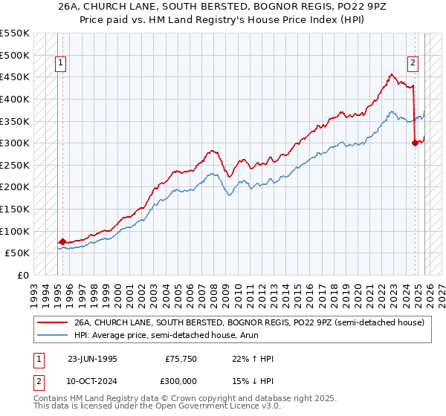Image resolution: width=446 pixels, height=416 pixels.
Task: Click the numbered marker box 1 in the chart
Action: coord(62,64)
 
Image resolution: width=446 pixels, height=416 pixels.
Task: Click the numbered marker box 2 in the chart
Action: coord(413,64)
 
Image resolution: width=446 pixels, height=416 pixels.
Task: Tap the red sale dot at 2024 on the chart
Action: coord(415,143)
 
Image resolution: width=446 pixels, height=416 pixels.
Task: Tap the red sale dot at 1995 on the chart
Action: coord(62,241)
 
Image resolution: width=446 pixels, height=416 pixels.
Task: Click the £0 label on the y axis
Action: coord(23,275)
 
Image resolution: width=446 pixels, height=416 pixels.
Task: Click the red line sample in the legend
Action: coord(53,322)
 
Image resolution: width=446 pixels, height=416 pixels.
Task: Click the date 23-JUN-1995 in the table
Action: coord(92,359)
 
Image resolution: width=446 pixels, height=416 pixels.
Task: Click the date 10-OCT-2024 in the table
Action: coord(92,380)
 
